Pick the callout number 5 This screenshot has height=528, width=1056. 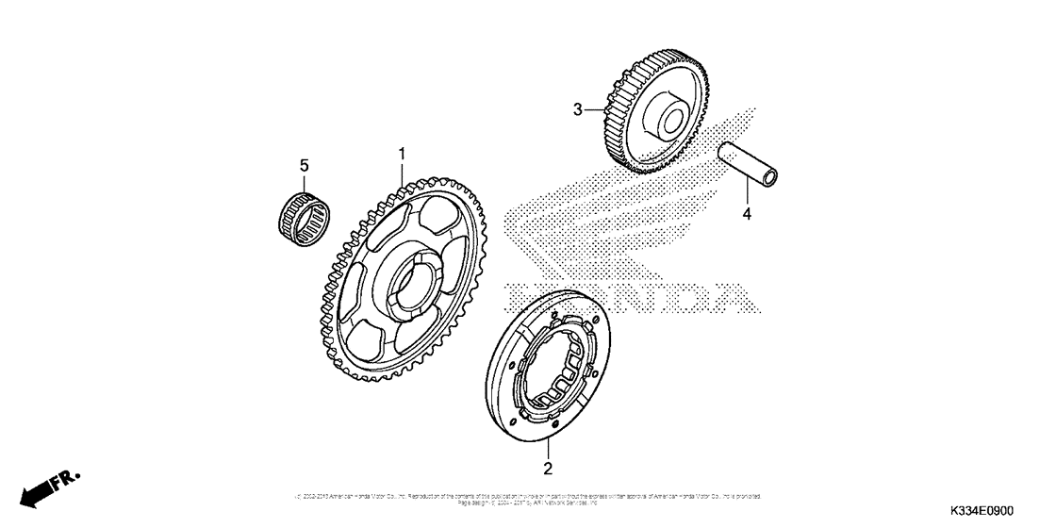(305, 167)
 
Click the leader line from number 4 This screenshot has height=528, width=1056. (746, 192)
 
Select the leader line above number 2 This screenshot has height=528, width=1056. (548, 449)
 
